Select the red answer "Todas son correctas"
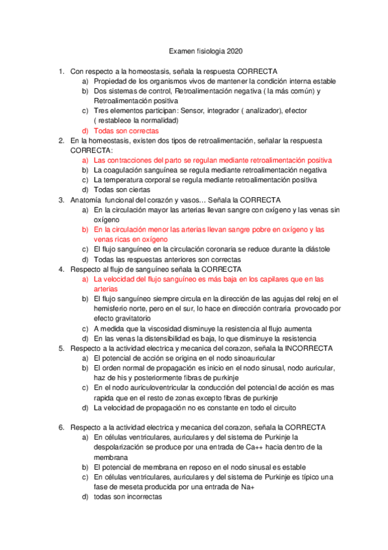pos(121,130)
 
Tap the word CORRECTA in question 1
pos(258,71)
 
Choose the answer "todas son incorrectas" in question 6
pos(128,497)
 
